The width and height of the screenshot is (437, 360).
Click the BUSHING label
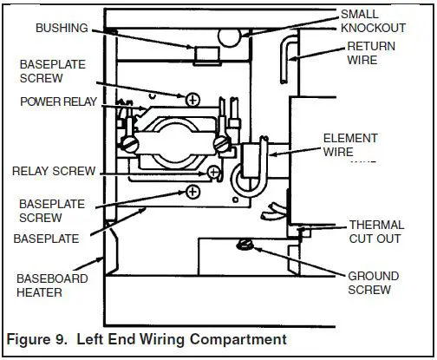point(62,28)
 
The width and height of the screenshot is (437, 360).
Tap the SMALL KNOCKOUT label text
point(373,21)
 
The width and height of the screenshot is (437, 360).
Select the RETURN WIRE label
point(371,53)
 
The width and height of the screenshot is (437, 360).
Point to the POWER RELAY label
point(58,101)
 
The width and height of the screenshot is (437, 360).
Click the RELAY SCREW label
point(54,171)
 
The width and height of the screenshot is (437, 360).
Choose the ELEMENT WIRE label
point(350,145)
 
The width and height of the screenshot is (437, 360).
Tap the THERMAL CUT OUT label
point(376,232)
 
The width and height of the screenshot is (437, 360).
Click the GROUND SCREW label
point(374,283)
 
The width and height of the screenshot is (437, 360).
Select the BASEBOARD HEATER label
point(52,285)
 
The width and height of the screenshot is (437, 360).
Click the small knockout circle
point(230,36)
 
